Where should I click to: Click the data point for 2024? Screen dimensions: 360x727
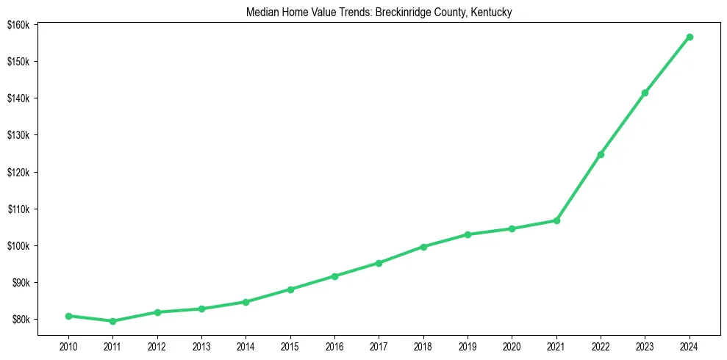point(690,37)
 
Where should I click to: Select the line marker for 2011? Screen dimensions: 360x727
point(112,321)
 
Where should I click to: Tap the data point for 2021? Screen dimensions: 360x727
point(556,220)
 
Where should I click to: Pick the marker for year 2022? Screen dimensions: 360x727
point(601,154)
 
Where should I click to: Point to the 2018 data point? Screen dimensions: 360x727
point(423,247)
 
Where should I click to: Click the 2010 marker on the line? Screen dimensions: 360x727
point(68,316)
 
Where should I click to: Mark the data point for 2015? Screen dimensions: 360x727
point(290,289)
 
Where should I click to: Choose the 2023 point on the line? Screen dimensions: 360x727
point(645,93)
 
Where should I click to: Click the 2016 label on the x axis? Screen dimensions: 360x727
point(334,345)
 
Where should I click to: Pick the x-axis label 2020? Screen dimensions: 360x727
point(512,345)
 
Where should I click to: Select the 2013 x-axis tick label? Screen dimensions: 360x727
point(201,345)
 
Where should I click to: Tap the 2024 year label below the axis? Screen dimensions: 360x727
point(690,345)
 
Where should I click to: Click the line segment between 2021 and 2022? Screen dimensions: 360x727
point(579,187)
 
